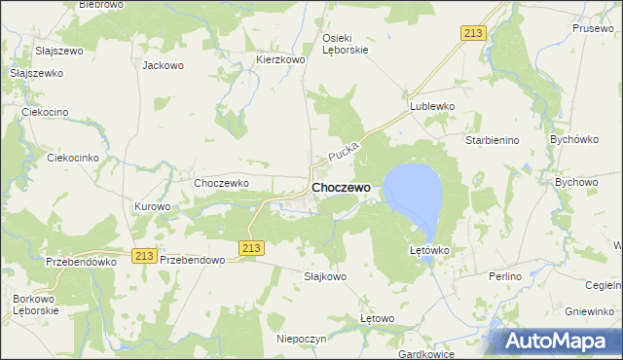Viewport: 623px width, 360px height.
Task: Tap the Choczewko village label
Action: click(222, 182)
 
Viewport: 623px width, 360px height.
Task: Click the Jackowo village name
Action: click(163, 66)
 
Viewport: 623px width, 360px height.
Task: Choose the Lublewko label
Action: click(432, 105)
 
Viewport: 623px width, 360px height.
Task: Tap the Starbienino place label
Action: click(493, 140)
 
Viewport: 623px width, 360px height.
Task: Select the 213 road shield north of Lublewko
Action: click(472, 33)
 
